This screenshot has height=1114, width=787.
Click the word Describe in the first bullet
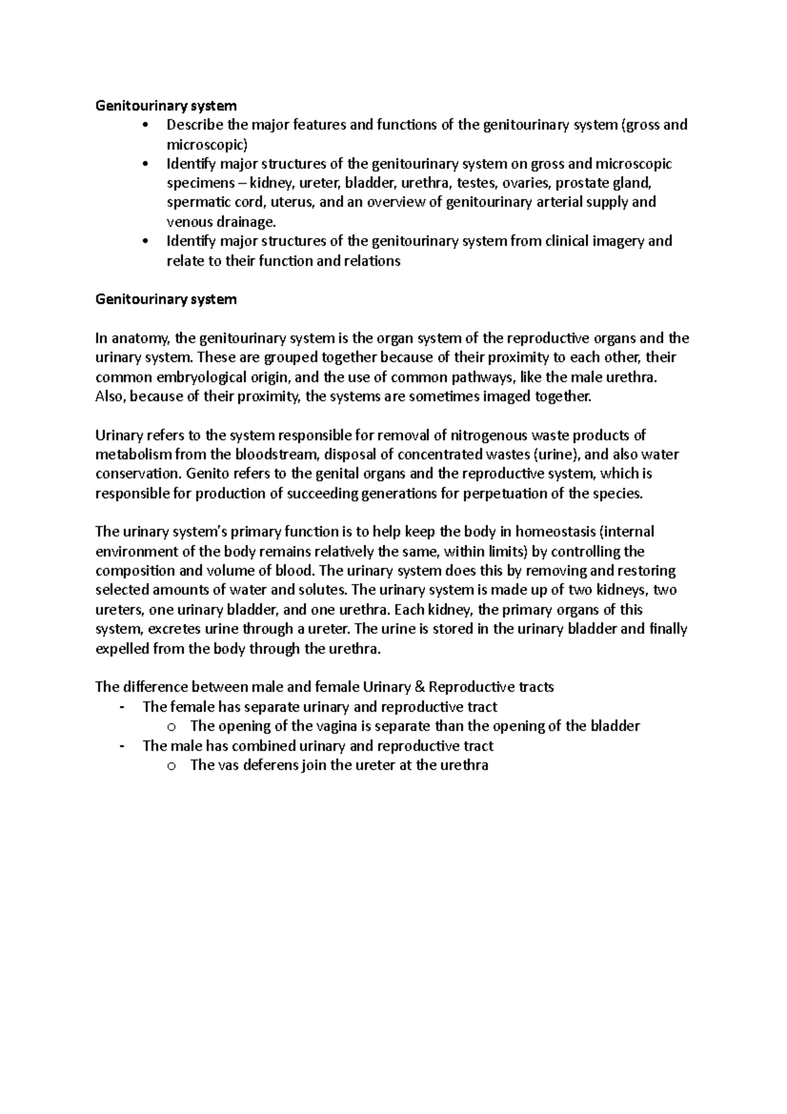[x=195, y=125]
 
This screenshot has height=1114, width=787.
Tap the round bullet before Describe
[x=145, y=125]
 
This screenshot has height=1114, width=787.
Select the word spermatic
[x=195, y=202]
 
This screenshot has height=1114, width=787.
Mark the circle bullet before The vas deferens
[x=172, y=766]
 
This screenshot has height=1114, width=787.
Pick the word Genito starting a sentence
[x=206, y=474]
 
